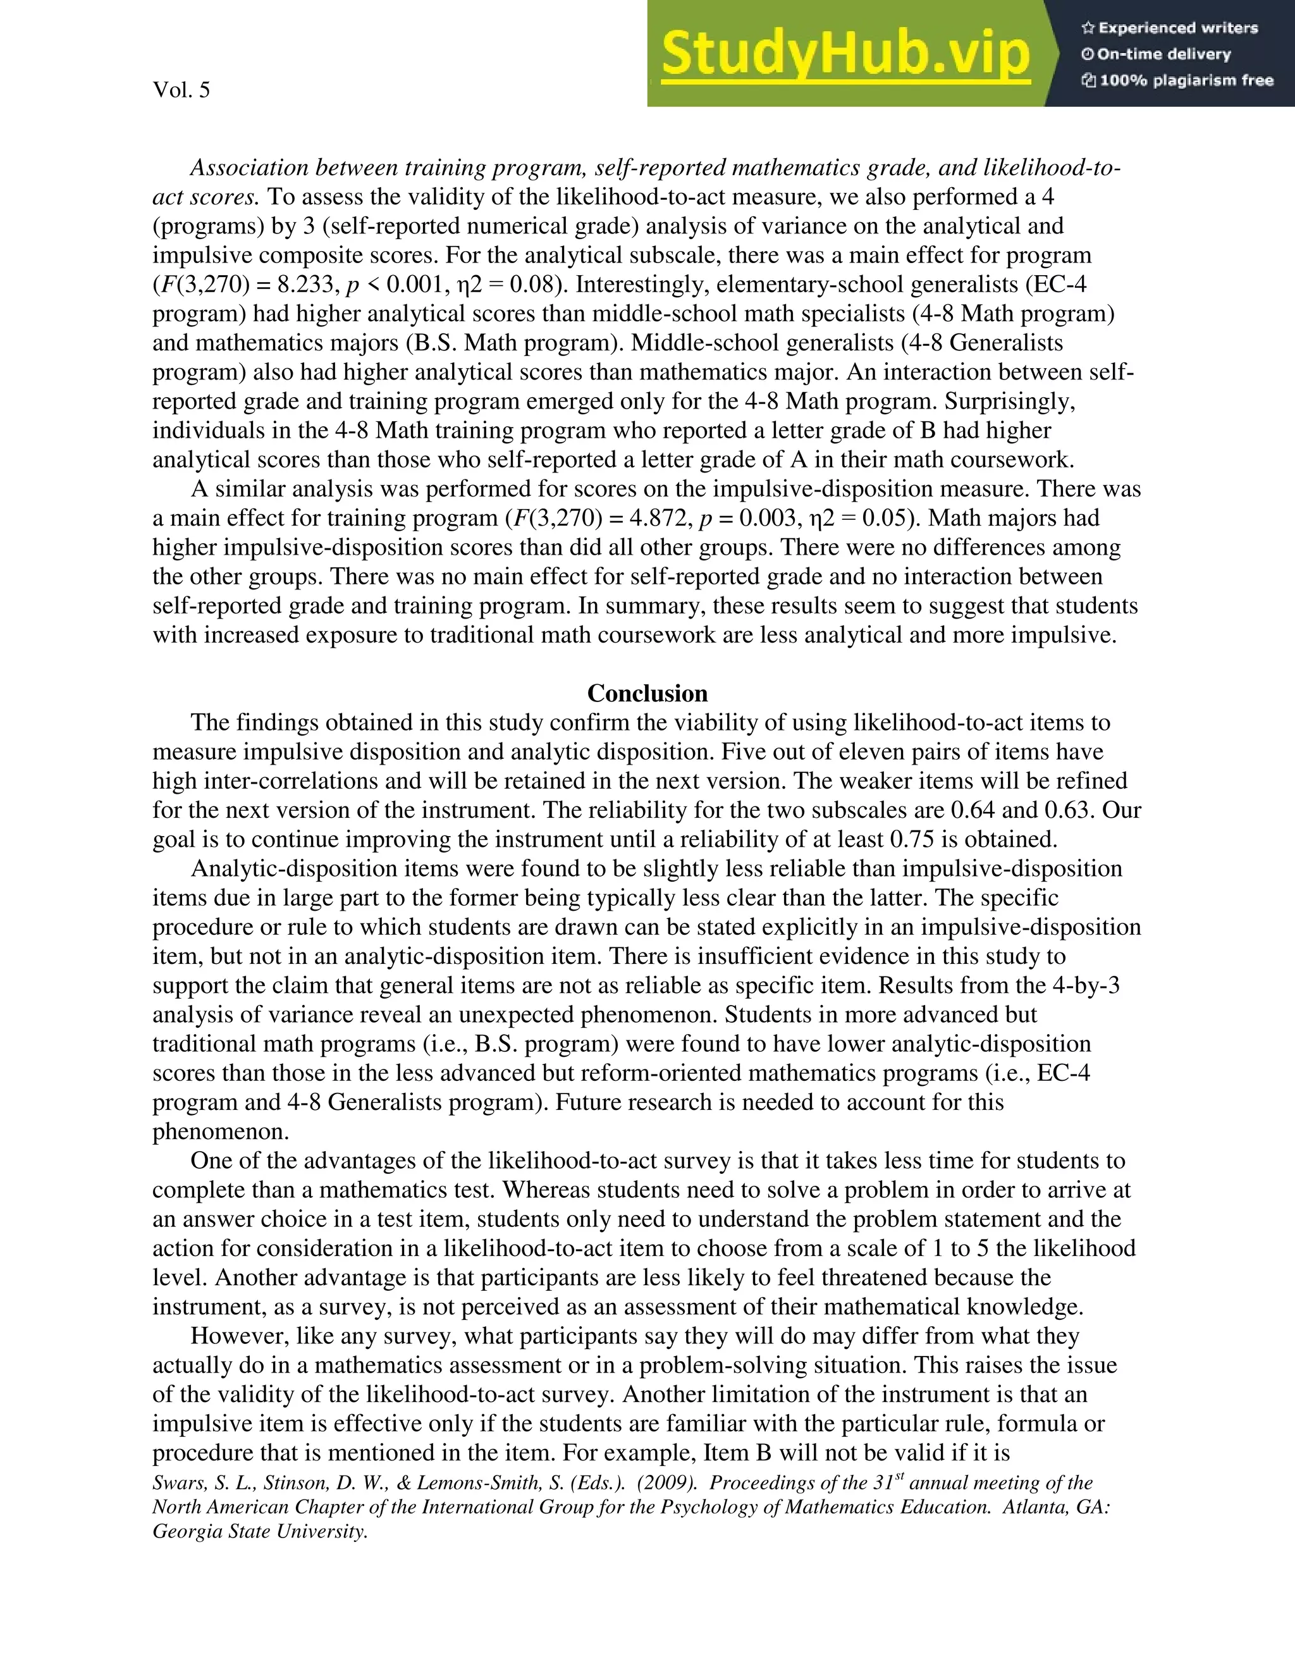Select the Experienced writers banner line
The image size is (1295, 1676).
(1169, 28)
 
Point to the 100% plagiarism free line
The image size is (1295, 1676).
(1177, 80)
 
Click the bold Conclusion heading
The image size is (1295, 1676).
(647, 694)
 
